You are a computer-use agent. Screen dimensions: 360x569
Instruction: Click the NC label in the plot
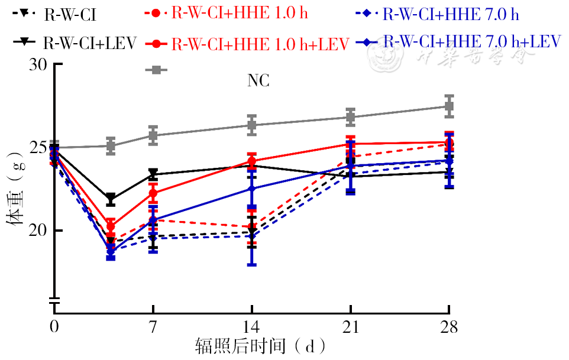tap(258, 82)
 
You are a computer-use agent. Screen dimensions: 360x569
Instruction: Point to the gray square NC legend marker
tap(156, 70)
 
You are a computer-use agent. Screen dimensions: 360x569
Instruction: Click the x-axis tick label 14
tap(252, 327)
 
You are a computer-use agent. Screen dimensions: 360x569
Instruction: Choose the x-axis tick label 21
tap(351, 327)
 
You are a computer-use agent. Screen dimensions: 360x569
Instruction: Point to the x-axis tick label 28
tap(449, 327)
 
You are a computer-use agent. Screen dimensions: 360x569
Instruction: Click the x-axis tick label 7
tap(153, 327)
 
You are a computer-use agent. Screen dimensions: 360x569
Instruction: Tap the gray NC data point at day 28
tap(449, 106)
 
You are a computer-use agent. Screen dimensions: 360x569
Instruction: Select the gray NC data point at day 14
tap(252, 125)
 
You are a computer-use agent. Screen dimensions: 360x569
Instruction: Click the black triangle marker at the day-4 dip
tap(111, 199)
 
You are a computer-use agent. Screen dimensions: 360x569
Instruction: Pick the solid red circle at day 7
tap(153, 193)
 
